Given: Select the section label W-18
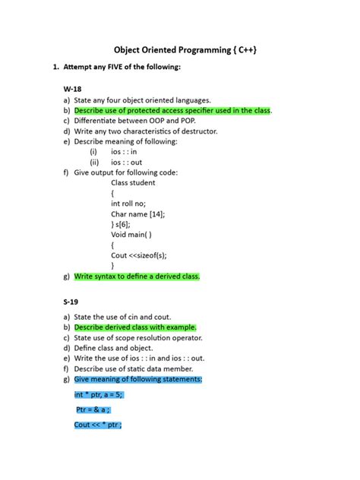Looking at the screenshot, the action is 73,89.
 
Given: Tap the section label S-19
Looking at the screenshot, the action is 72,302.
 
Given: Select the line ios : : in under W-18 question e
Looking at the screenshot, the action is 125,152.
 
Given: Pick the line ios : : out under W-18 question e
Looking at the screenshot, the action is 127,162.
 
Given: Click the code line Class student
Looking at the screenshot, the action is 133,183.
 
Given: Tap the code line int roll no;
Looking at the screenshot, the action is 131,204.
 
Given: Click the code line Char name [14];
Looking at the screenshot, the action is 137,214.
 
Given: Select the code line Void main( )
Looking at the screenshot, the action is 131,235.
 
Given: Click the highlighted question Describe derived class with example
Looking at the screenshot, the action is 135,327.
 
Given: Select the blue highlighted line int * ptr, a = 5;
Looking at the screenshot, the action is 99,394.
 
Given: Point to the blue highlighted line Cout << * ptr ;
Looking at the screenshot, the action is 98,425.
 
